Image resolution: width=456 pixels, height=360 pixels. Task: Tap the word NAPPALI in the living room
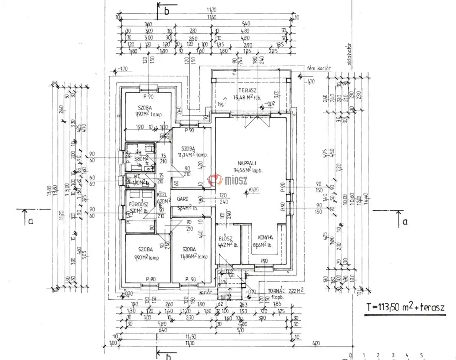pos(246,163)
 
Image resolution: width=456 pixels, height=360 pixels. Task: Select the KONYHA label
pos(265,237)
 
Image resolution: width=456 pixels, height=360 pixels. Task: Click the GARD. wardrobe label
pos(183,199)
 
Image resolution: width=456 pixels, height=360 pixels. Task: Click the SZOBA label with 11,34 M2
pos(188,149)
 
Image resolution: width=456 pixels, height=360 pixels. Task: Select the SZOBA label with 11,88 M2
pos(189,249)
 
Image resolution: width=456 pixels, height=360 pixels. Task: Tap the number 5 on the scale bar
pos(421,355)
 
